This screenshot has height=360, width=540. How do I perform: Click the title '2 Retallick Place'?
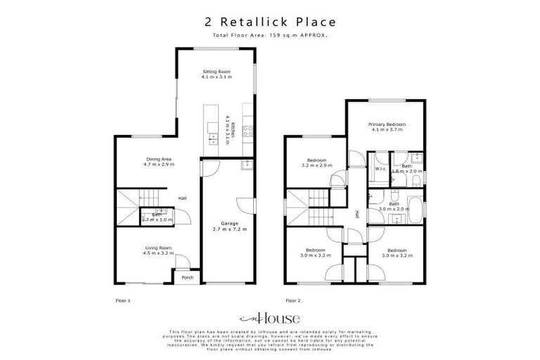[x=269, y=23]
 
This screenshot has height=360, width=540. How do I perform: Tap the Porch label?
[x=187, y=278]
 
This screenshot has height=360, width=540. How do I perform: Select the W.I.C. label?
[x=380, y=169]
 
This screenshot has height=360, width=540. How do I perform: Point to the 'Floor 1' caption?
[x=123, y=300]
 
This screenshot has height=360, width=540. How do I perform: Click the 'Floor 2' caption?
[x=292, y=300]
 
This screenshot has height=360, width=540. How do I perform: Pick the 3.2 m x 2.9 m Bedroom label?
[x=314, y=161]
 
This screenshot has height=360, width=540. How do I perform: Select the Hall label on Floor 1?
[x=182, y=198]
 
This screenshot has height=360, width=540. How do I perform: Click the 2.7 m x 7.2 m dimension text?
[x=229, y=229]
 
